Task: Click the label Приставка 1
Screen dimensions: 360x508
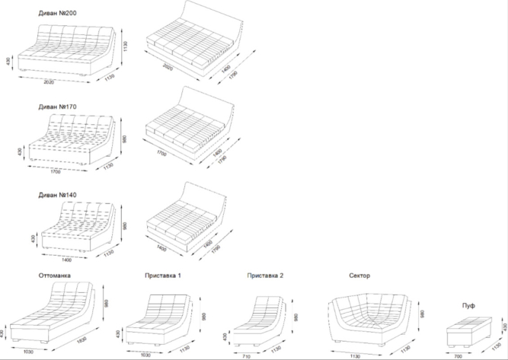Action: [x=163, y=276]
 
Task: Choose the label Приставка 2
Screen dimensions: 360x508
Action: [x=265, y=276]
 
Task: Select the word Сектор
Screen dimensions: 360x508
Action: [x=359, y=276]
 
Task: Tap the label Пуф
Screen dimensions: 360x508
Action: [x=468, y=305]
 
